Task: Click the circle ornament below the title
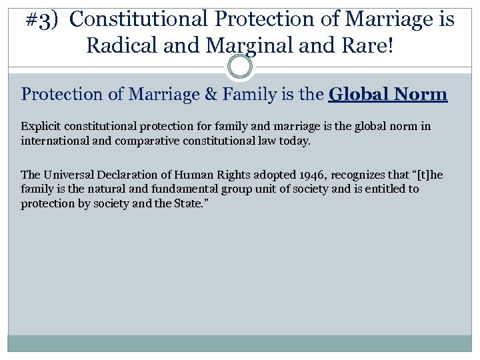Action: (x=239, y=67)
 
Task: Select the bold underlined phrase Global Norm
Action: (x=388, y=94)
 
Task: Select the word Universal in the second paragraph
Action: (x=67, y=175)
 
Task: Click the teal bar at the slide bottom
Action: (x=239, y=343)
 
